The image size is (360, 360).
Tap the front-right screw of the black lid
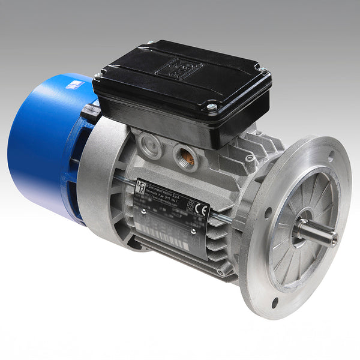211,107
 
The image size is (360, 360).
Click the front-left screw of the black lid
98,76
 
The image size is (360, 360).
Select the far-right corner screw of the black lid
262,71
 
